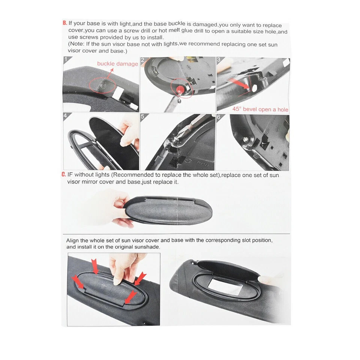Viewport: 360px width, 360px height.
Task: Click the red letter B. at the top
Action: (65, 23)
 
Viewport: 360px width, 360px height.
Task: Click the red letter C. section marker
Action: (64, 175)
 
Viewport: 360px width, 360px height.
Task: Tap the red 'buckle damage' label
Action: (117, 64)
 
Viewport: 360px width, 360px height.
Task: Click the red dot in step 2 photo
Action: (180, 89)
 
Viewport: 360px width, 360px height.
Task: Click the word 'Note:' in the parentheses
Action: (78, 44)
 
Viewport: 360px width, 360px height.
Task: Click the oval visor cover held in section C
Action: (169, 211)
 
